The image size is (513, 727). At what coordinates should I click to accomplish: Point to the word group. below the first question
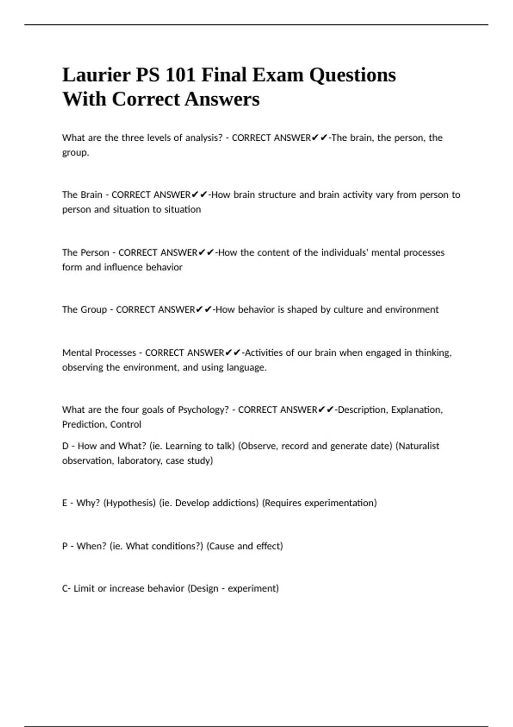(76, 153)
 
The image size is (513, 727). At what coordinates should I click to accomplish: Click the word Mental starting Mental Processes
(77, 353)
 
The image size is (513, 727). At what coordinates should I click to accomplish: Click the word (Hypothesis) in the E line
(129, 503)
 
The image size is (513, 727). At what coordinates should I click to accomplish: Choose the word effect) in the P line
(269, 546)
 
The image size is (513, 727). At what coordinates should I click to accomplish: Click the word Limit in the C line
(84, 588)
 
